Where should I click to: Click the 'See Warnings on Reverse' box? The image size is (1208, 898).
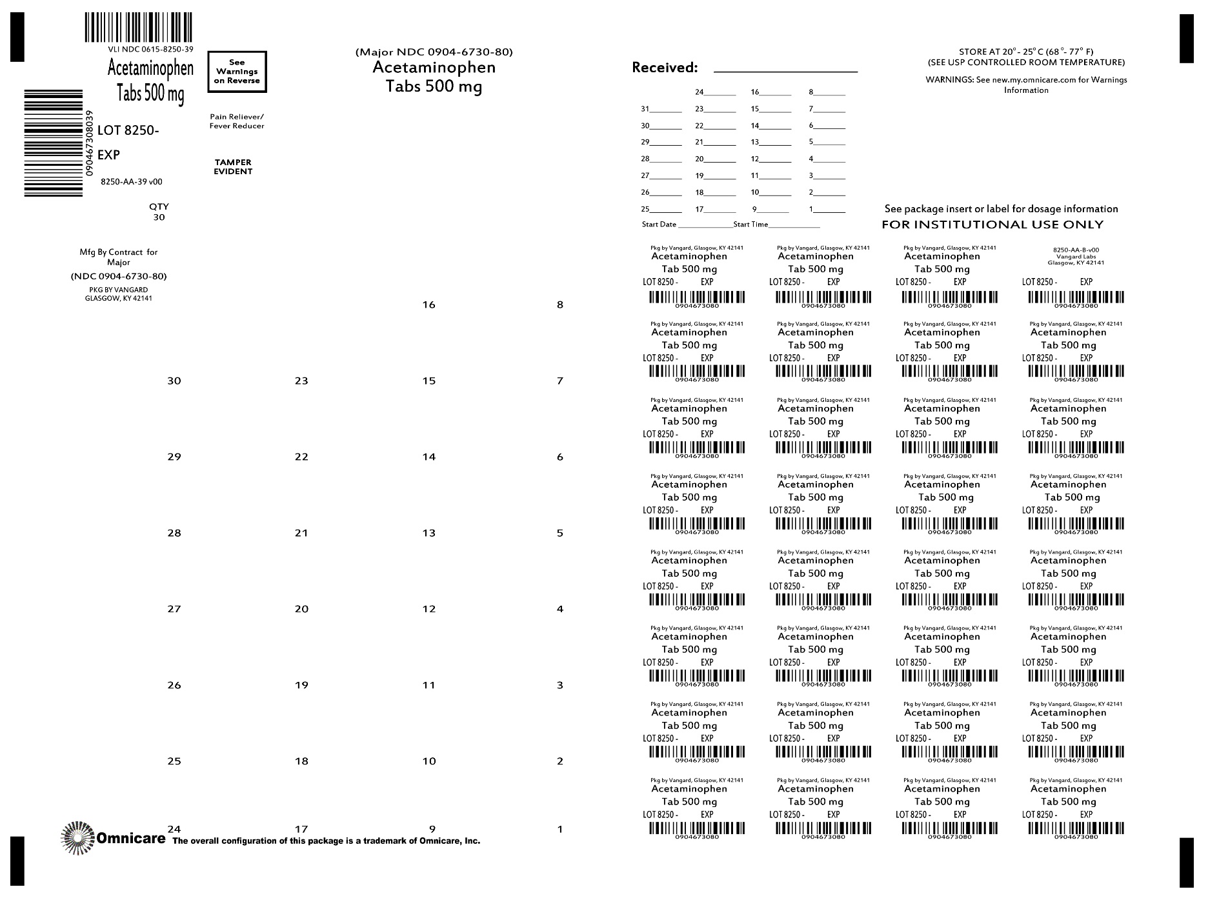coord(237,72)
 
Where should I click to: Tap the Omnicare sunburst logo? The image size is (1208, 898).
coord(77,838)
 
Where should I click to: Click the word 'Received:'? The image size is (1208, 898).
coord(664,68)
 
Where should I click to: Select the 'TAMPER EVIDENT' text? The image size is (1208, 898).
coord(233,167)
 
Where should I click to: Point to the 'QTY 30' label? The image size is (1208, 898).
coord(159,212)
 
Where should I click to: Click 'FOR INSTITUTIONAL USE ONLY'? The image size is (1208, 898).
coord(992,224)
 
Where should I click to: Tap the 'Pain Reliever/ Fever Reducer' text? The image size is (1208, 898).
coord(237,121)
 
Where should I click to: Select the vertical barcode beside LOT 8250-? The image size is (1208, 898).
coord(54,143)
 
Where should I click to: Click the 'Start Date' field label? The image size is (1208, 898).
coord(659,224)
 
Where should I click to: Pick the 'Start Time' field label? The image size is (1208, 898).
coord(750,224)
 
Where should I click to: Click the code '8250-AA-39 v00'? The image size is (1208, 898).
coord(132,182)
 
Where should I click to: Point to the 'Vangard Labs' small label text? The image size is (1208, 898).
coord(1076,257)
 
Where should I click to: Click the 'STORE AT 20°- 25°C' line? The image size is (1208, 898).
coord(1026,52)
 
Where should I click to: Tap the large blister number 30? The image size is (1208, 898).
coord(174,381)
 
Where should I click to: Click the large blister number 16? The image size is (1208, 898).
coord(429,304)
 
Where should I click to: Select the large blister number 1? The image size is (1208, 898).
coord(560,829)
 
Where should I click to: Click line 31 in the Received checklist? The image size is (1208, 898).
coord(661,109)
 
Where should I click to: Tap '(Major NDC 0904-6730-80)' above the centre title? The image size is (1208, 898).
coord(434,52)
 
